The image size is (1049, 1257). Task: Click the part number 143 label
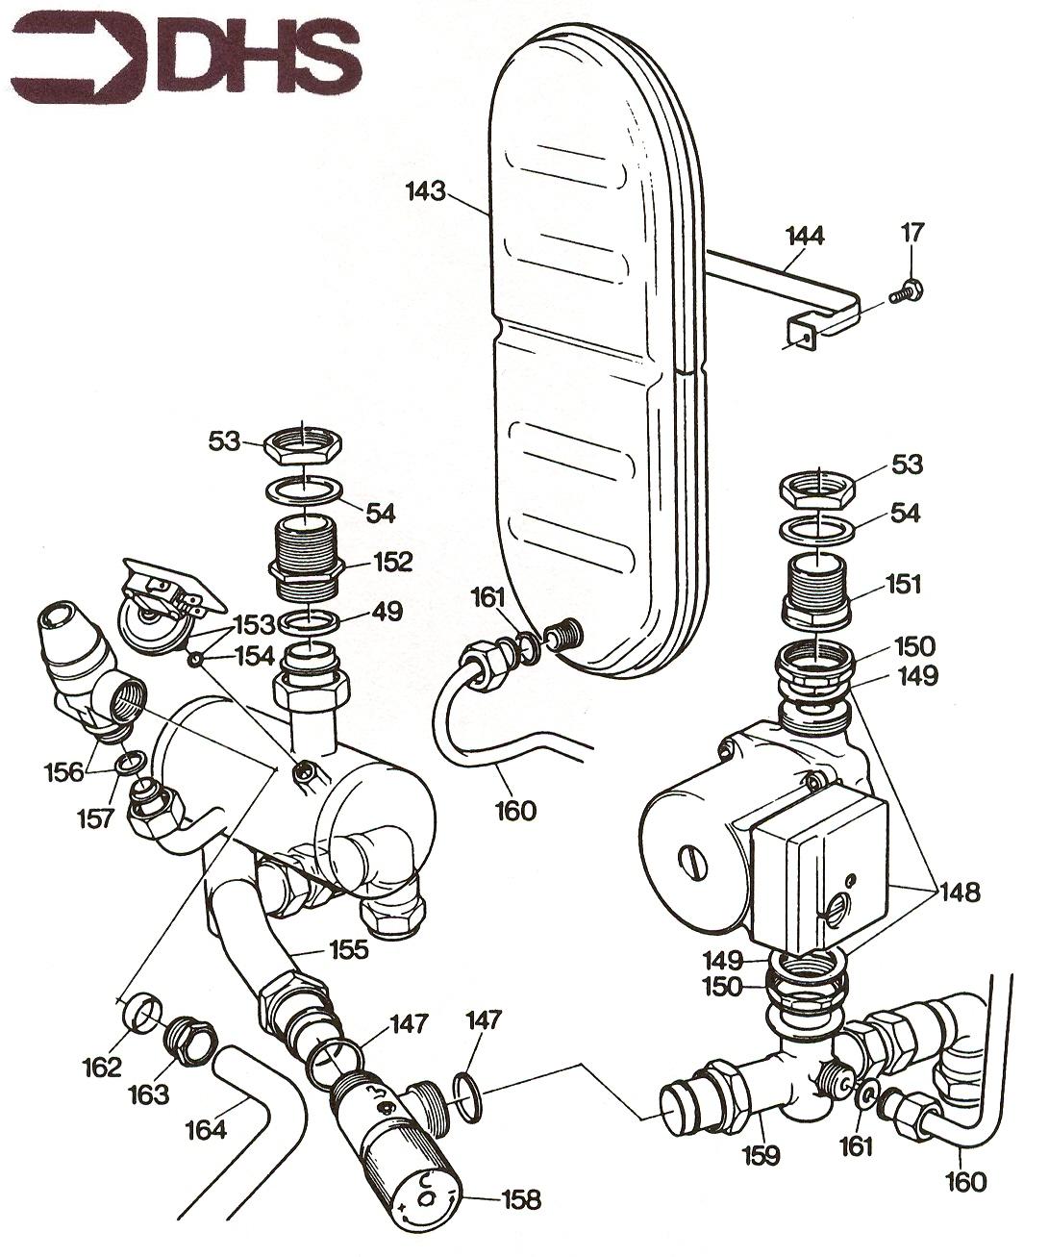[x=425, y=191]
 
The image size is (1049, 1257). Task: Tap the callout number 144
[x=805, y=236]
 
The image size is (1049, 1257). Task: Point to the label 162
[x=103, y=1067]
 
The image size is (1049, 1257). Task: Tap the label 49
[x=389, y=611]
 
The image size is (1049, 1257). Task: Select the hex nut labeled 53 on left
[x=301, y=443]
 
